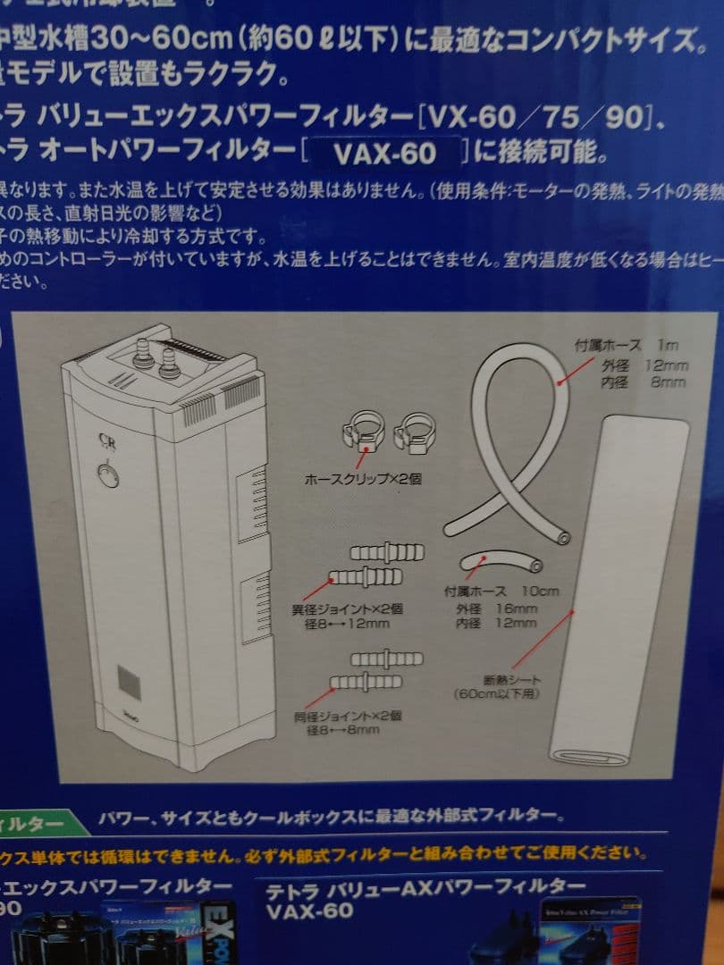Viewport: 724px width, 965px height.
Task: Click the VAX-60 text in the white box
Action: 384,155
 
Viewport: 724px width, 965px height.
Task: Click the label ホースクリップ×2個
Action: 363,480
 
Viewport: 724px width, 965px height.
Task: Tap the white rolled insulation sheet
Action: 617,590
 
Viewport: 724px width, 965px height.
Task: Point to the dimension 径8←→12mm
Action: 347,624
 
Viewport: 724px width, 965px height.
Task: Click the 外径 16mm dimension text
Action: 496,608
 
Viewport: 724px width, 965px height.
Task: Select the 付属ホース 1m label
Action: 626,346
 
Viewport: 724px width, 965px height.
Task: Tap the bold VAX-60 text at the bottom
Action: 309,911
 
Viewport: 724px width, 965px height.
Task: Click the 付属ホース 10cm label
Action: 501,592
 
